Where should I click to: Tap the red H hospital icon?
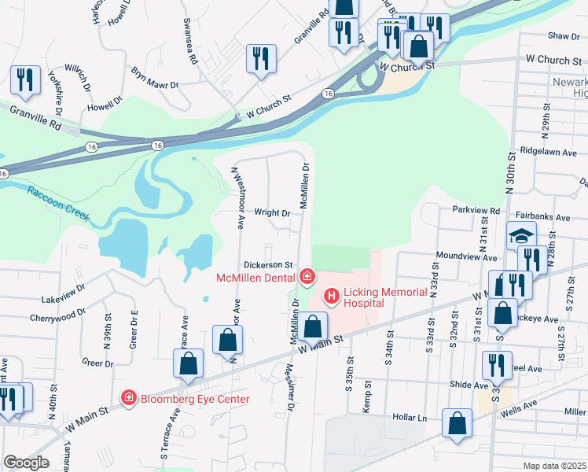pyautogui.click(x=331, y=296)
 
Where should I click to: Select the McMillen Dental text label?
pyautogui.click(x=255, y=277)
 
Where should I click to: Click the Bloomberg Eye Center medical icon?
pyautogui.click(x=127, y=399)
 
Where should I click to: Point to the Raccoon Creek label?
pyautogui.click(x=57, y=203)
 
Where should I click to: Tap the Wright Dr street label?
pyautogui.click(x=273, y=212)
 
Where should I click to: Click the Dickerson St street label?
pyautogui.click(x=268, y=265)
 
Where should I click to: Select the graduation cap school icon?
pyautogui.click(x=520, y=235)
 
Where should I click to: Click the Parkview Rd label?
pyautogui.click(x=476, y=211)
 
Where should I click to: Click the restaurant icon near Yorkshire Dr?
pyautogui.click(x=25, y=79)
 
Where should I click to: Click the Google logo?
pyautogui.click(x=26, y=463)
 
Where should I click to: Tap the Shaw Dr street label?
pyautogui.click(x=563, y=36)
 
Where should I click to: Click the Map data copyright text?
pyautogui.click(x=554, y=466)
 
